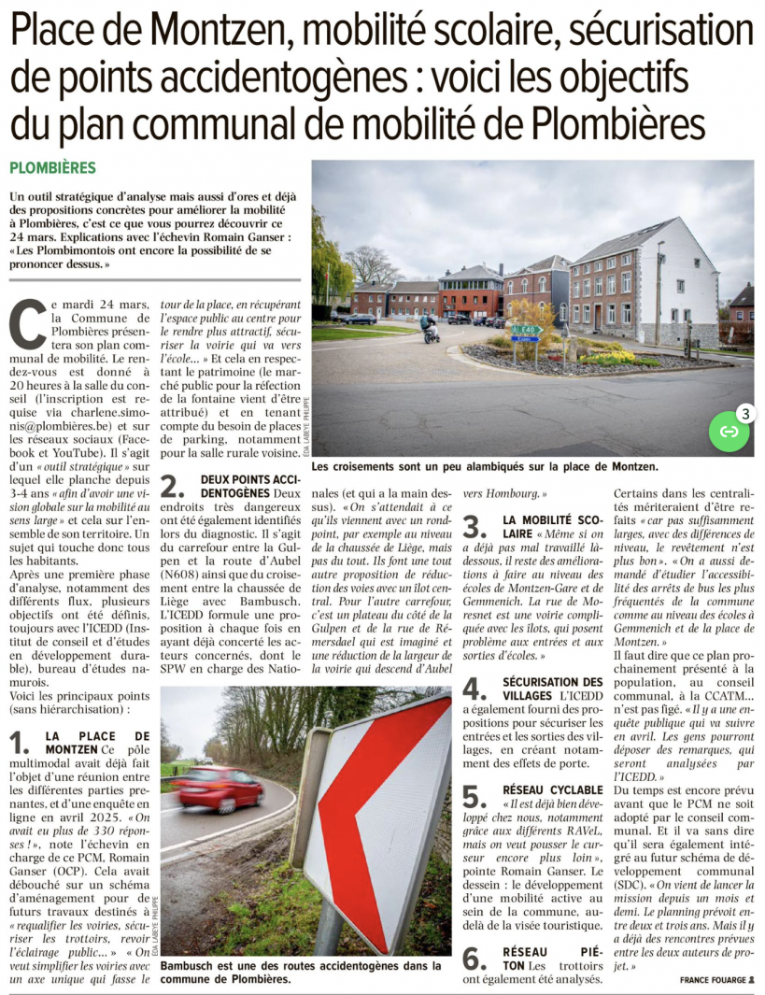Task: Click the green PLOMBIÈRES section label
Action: pyautogui.click(x=52, y=168)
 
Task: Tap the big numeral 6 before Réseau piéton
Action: pyautogui.click(x=475, y=959)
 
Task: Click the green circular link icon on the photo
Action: pyautogui.click(x=729, y=431)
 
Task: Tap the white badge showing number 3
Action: pyautogui.click(x=744, y=412)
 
